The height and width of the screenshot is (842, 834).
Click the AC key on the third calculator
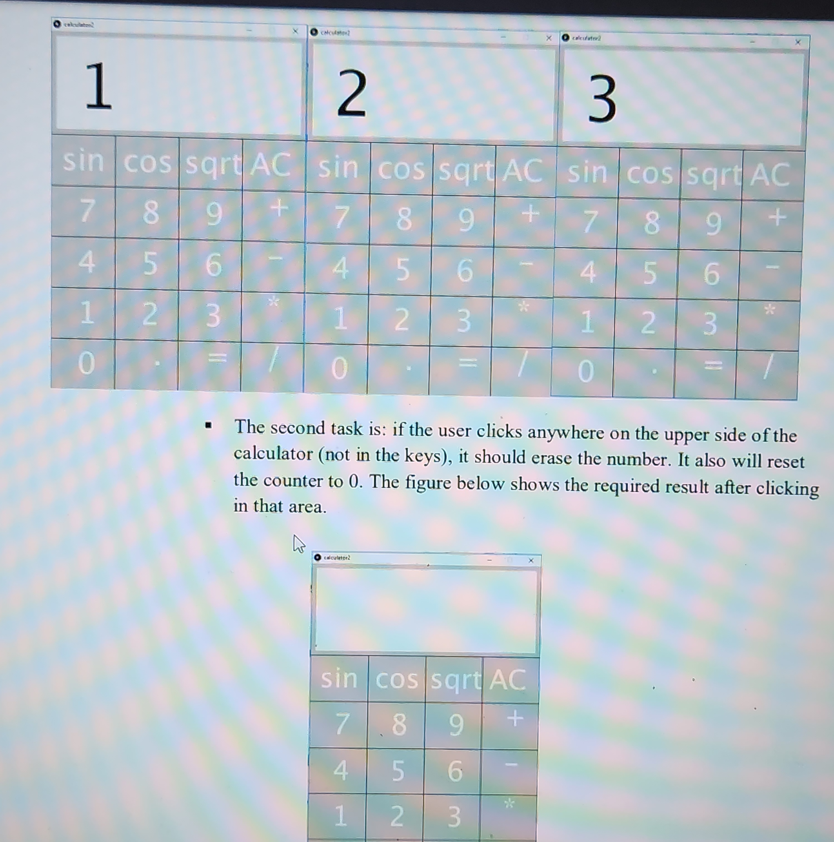[x=770, y=175]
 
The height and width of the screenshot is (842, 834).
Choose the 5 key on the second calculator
[x=402, y=270]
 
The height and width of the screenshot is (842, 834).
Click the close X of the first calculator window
[x=295, y=31]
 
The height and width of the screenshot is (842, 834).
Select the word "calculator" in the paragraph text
[x=273, y=454]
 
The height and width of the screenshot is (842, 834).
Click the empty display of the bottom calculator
[x=425, y=610]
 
